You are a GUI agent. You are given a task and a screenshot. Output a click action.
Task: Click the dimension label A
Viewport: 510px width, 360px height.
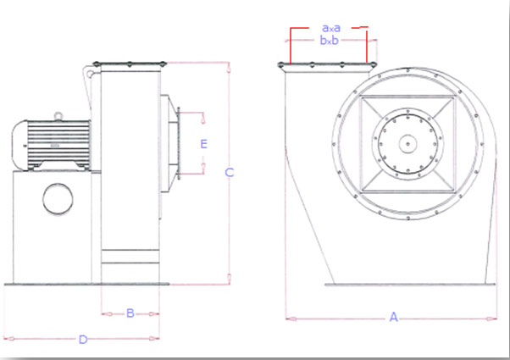coord(393,318)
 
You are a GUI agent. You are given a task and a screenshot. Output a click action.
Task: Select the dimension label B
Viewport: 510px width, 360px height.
coord(130,313)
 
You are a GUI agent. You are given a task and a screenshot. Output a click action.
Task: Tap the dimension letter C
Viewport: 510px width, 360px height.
coord(229,173)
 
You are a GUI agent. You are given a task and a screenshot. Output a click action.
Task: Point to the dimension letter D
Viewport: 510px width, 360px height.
coord(83,340)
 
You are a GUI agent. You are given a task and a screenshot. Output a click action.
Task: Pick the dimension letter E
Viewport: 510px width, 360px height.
coord(203,144)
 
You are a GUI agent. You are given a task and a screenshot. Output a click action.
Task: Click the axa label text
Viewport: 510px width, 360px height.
coord(330,27)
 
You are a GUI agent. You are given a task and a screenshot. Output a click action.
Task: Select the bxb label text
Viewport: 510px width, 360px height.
coord(330,40)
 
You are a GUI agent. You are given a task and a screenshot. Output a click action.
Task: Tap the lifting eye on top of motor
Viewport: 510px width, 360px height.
coord(58,116)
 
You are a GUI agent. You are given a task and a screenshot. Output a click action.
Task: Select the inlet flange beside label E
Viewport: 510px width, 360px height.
coord(180,143)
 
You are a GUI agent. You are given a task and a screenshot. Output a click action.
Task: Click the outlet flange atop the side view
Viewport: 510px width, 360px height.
coord(130,63)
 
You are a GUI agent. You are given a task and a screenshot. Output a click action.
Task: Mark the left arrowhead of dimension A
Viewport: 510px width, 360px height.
coord(289,319)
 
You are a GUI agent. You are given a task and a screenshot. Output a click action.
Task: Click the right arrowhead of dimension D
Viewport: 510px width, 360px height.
coord(158,339)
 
